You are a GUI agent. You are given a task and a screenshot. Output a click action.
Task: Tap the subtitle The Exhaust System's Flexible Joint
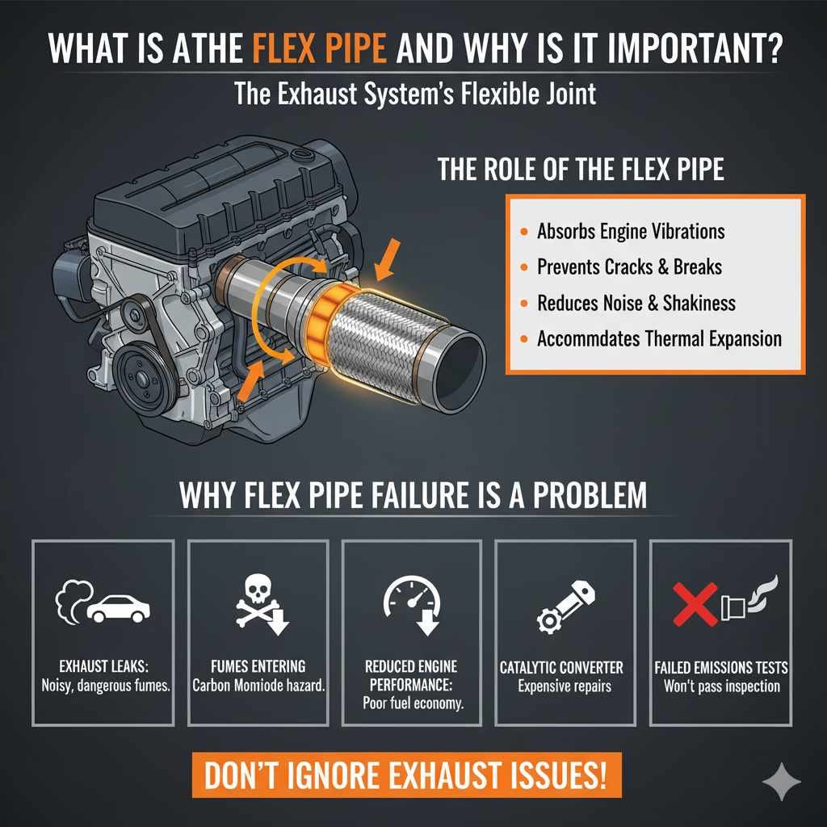[415, 94]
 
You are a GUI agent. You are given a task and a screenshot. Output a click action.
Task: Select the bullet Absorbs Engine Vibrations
[630, 232]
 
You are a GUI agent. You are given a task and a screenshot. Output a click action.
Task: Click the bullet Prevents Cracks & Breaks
[628, 267]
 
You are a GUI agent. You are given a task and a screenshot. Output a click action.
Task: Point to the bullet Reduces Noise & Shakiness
[636, 303]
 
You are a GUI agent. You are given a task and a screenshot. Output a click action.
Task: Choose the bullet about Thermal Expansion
[658, 338]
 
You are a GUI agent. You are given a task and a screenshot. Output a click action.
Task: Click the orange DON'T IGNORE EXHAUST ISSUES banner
[405, 776]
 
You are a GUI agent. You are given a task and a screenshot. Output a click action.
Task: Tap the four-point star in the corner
[781, 782]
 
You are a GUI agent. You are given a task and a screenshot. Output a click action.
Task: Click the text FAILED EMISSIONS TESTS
[721, 669]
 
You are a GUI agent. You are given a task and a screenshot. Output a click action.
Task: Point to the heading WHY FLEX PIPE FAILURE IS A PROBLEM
[413, 493]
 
